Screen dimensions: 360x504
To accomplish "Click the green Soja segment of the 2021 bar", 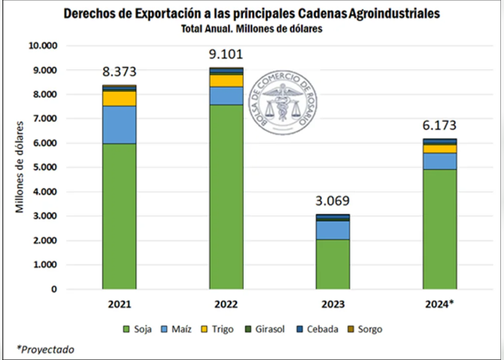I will [119, 216].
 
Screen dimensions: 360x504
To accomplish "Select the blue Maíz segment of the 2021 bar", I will [119, 125].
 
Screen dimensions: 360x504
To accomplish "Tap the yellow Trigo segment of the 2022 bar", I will [226, 80].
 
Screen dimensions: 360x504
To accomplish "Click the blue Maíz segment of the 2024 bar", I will [439, 161].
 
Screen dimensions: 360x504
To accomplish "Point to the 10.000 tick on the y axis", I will [42, 45].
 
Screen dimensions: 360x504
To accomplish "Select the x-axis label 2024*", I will [439, 304].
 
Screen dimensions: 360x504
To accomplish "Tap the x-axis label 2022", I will [226, 304].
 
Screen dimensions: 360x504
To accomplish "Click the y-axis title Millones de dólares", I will [20, 166].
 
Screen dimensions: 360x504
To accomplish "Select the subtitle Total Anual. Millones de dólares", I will [251, 29].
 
